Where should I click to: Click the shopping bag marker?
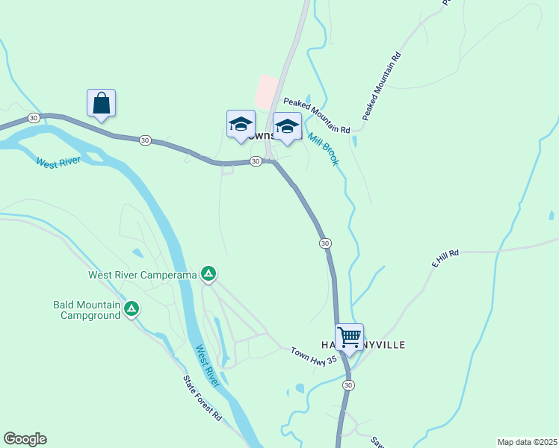click(x=101, y=104)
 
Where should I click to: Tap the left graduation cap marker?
click(x=241, y=125)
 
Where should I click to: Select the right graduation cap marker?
click(x=286, y=126)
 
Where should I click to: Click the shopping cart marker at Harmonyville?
click(x=349, y=337)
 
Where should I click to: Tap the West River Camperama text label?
click(x=142, y=275)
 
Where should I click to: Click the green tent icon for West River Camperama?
click(x=209, y=275)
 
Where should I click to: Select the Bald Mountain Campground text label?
click(x=87, y=310)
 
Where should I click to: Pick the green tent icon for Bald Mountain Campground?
click(x=132, y=308)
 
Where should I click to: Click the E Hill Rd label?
click(x=445, y=259)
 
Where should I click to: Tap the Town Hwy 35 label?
click(x=315, y=355)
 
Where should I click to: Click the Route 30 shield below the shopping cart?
click(x=348, y=385)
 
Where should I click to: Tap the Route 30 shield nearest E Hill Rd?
click(x=324, y=243)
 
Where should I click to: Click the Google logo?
click(x=25, y=439)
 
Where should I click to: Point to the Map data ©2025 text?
click(x=526, y=442)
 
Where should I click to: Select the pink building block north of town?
click(x=266, y=92)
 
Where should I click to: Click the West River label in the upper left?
click(x=58, y=162)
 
